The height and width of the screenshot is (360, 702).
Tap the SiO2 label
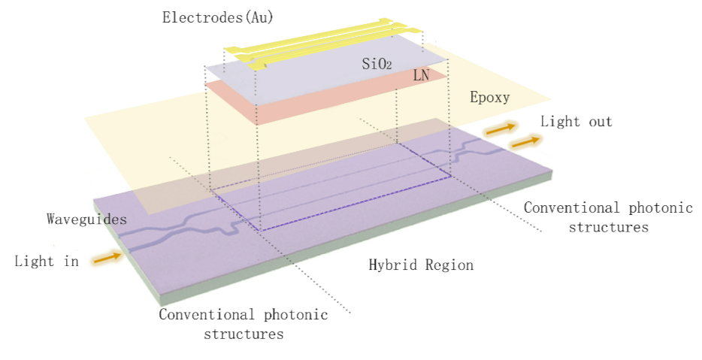(x=377, y=65)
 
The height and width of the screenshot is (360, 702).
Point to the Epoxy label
(x=489, y=98)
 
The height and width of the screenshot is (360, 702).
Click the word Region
(x=448, y=265)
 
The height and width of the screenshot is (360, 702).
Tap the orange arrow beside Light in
(x=107, y=259)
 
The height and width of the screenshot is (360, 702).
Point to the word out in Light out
(x=598, y=122)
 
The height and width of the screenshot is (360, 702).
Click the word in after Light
(x=70, y=262)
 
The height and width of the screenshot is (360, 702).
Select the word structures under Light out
(x=608, y=226)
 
